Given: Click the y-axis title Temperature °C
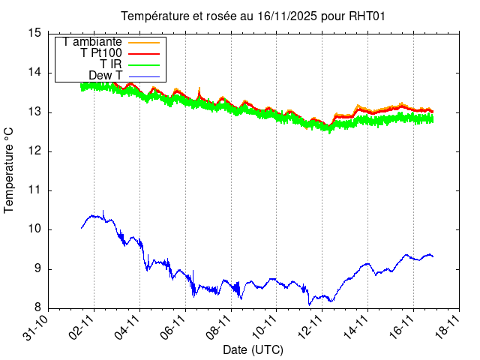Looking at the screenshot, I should tap(9, 169).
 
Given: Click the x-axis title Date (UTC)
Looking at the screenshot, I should tap(253, 350).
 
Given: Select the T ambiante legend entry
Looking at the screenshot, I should tap(92, 41).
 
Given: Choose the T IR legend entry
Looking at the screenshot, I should tap(111, 64).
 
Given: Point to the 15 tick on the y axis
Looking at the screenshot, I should tap(34, 33).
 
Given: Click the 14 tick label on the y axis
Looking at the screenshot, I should tap(34, 73).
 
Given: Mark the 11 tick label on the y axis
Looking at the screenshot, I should tap(34, 190).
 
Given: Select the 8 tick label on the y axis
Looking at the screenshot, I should tap(37, 308).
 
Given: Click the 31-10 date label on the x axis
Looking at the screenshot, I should tap(37, 327).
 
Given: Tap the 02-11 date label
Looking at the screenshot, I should tap(82, 327).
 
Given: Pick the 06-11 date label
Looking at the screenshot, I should tap(173, 327).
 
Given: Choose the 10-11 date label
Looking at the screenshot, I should tap(265, 327).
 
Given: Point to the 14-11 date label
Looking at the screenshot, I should tap(355, 327).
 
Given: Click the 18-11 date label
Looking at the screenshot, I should tap(447, 327).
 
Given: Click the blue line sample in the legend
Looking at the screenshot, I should tap(145, 76).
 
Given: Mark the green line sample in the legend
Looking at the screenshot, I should tap(145, 64).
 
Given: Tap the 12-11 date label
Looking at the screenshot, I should tap(310, 327).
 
